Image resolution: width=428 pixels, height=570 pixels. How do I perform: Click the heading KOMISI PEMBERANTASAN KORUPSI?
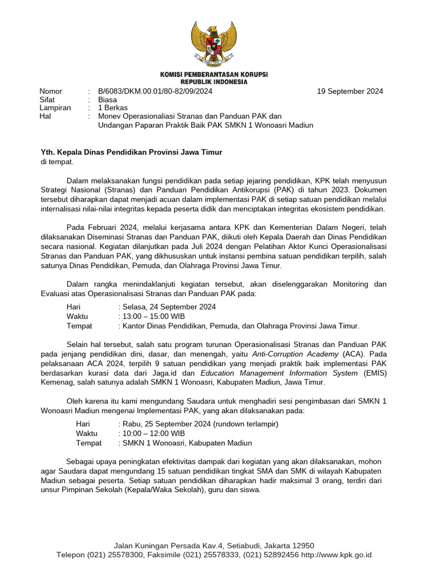pos(213,74)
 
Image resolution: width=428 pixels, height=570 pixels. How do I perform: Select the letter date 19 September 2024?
pos(350,91)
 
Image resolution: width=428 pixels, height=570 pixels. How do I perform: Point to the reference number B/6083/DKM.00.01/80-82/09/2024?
pos(155,91)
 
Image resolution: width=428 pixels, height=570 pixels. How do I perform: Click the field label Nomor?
pos(51,91)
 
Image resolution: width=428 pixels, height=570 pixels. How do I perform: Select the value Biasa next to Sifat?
pos(108,100)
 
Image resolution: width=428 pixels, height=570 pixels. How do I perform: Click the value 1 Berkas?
pos(113,108)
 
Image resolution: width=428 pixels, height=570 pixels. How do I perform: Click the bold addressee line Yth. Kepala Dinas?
pos(132,152)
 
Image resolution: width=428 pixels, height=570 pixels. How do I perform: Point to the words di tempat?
pos(57,161)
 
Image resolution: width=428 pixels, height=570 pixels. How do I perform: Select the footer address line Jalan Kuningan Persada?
pos(214,546)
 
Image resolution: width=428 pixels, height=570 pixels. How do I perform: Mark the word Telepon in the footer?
pos(70,555)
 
